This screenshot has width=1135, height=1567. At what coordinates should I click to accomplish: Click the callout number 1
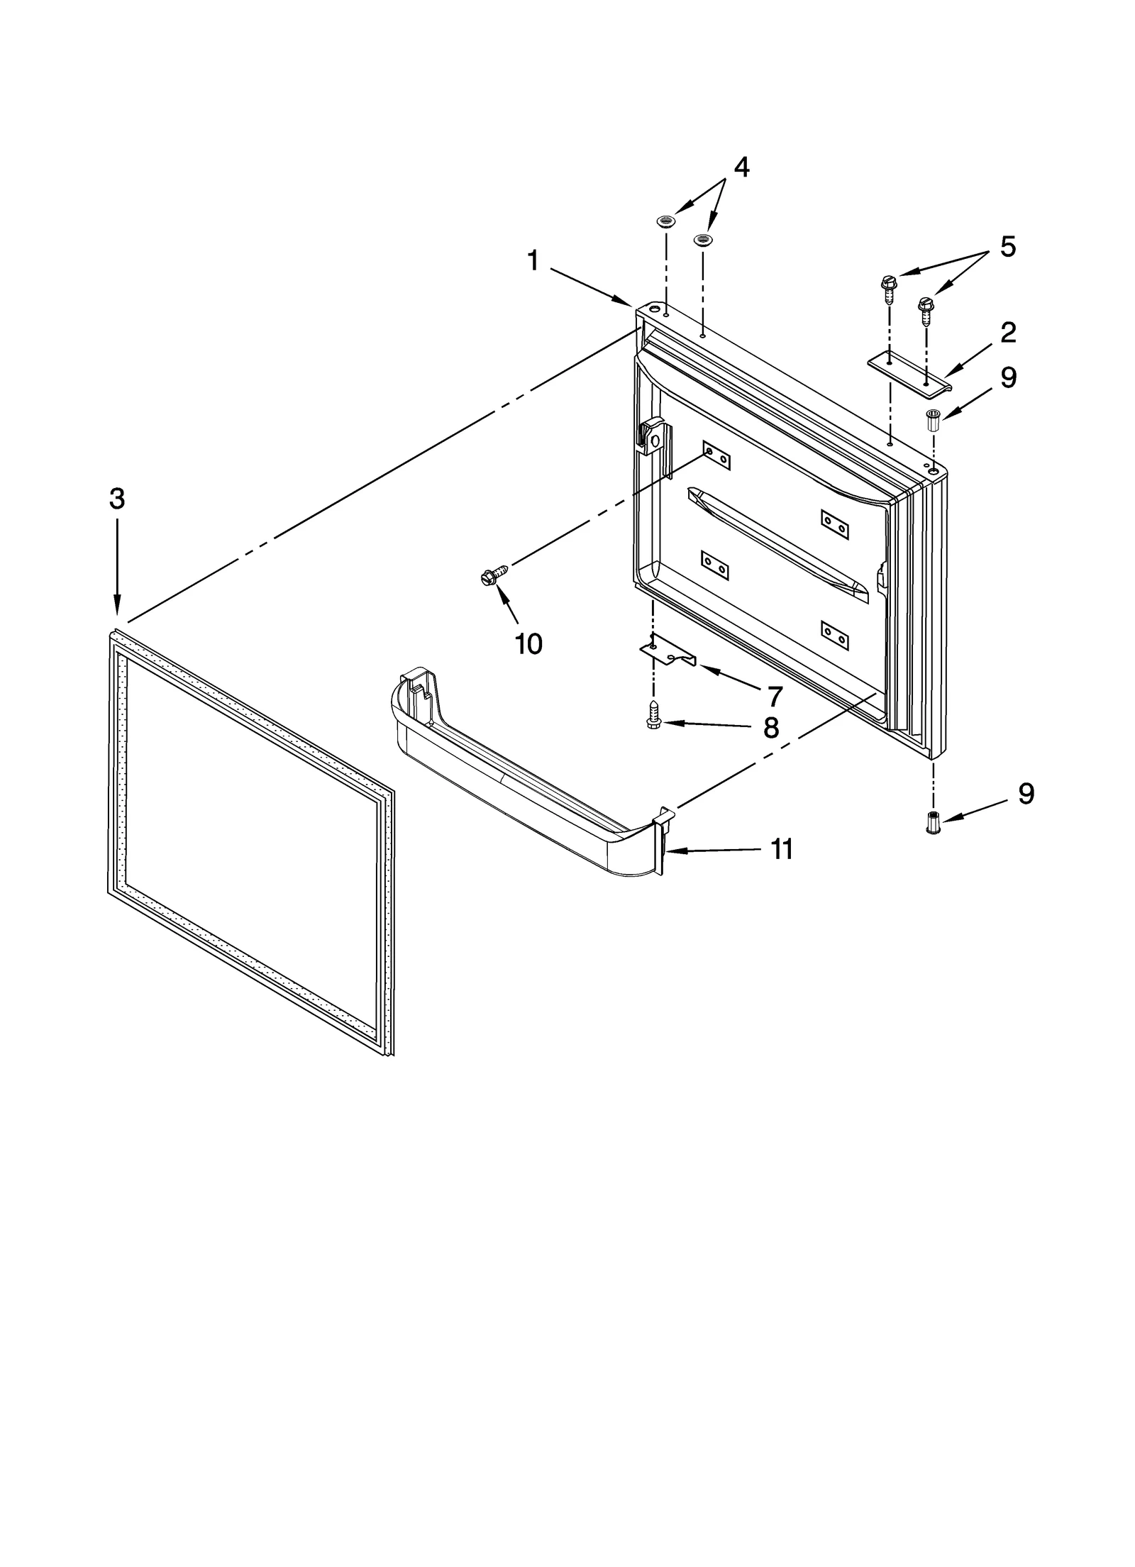(533, 262)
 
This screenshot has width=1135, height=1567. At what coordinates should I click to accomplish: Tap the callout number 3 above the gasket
(117, 499)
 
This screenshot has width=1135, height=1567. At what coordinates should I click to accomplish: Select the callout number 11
(782, 849)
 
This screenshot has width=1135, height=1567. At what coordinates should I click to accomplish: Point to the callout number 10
(528, 644)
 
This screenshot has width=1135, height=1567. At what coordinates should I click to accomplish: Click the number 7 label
(774, 697)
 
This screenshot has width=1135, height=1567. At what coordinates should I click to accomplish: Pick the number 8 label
(771, 728)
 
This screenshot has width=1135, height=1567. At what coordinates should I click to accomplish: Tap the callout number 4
(741, 167)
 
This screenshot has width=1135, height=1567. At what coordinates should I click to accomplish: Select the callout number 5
(1007, 247)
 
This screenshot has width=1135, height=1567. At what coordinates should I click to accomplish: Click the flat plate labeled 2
(909, 372)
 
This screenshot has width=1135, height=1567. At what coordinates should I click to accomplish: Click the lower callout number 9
(1026, 794)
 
